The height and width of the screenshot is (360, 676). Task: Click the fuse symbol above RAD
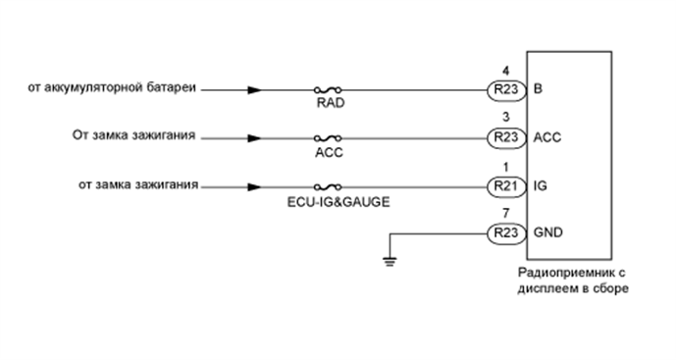(329, 90)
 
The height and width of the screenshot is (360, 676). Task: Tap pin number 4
(504, 71)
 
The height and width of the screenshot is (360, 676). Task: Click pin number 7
(504, 213)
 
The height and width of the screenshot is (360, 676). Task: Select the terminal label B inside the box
(538, 90)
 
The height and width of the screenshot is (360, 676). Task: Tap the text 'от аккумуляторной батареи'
(114, 89)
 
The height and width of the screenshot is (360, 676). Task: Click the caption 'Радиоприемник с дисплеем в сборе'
(569, 282)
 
